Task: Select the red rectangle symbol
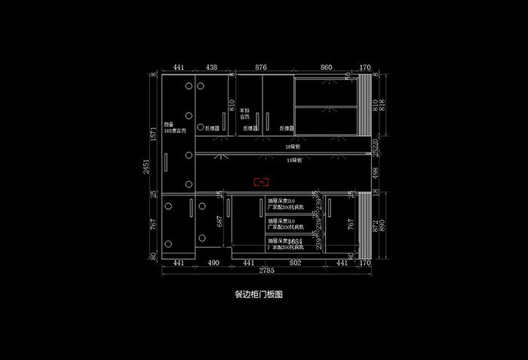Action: coord(262,182)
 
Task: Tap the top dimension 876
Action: coord(261,68)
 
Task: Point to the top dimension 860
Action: coord(326,68)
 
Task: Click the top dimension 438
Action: coord(212,68)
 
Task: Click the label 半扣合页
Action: coord(244,114)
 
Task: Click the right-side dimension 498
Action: coord(376,173)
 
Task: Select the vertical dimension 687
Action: coord(219,221)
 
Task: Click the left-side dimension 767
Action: coord(154,223)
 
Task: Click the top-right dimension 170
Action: coord(365,68)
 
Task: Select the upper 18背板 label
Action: coord(283,146)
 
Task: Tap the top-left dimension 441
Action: coord(179,68)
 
